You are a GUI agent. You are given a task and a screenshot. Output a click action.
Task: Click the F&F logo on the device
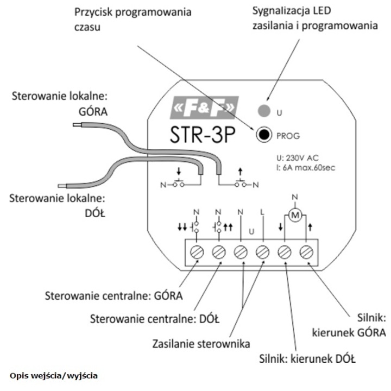coord(204,108)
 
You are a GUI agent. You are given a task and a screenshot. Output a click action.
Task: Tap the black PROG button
coord(264,135)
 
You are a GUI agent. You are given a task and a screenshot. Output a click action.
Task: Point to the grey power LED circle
coord(264,110)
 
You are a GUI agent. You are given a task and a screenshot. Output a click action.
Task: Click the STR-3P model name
coord(203,135)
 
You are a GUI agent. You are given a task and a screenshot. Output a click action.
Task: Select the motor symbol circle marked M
coord(295,215)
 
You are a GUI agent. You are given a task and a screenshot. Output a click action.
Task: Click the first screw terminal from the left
coord(197,252)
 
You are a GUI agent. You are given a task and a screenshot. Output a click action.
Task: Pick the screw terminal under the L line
coord(263,252)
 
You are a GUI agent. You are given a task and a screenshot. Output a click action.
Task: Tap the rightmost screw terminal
coord(306,252)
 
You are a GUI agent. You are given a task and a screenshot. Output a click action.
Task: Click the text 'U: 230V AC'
coord(298,158)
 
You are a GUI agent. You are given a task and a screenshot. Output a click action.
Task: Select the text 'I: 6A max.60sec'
coord(306,168)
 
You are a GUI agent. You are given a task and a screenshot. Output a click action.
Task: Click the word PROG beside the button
coord(288,136)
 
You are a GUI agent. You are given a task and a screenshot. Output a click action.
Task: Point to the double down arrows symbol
coord(182,227)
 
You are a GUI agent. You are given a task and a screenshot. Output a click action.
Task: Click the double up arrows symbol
coord(228,227)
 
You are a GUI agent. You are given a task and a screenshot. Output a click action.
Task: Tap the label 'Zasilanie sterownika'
coord(201,344)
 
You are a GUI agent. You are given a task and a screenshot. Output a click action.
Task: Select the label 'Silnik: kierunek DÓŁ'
coord(307,359)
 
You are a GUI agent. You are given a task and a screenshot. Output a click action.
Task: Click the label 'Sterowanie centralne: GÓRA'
coord(113,295)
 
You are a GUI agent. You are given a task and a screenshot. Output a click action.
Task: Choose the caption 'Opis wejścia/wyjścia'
coord(54,376)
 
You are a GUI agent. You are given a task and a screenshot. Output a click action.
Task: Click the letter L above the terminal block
coord(262,212)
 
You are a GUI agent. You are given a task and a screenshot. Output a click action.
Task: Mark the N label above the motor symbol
coord(295,197)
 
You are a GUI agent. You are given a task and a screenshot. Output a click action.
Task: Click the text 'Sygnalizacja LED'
coord(292,11)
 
